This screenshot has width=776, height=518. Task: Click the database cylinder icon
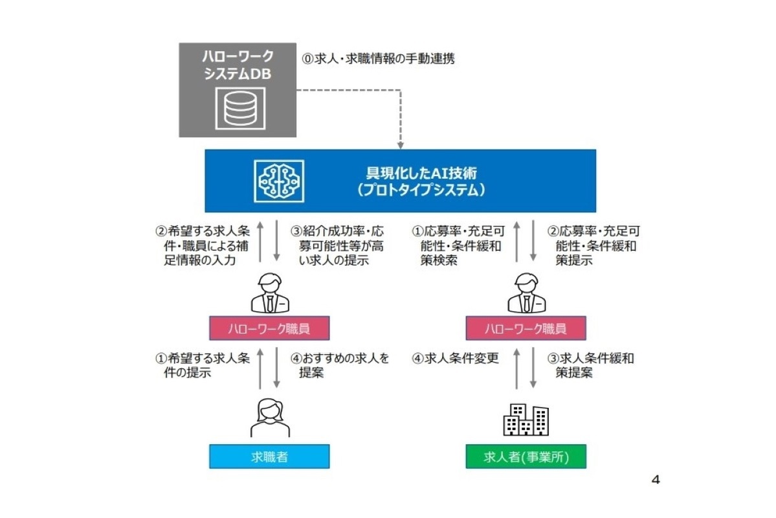pos(238,107)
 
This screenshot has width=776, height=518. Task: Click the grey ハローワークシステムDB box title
pos(238,64)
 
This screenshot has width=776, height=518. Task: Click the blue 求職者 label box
pos(269,456)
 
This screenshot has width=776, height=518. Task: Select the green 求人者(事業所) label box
pos(526,456)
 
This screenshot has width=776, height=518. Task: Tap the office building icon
pos(526,419)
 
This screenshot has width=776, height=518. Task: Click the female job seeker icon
pos(270,417)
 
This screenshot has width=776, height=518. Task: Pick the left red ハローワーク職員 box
pos(269,329)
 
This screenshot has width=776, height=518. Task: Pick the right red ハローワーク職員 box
pos(526,329)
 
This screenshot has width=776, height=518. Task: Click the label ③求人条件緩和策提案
pos(590,365)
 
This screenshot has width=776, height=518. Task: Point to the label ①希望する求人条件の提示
pos(201,365)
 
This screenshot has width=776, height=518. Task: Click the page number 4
pos(655,480)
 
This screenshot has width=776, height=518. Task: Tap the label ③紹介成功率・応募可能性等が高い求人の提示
pos(337,245)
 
